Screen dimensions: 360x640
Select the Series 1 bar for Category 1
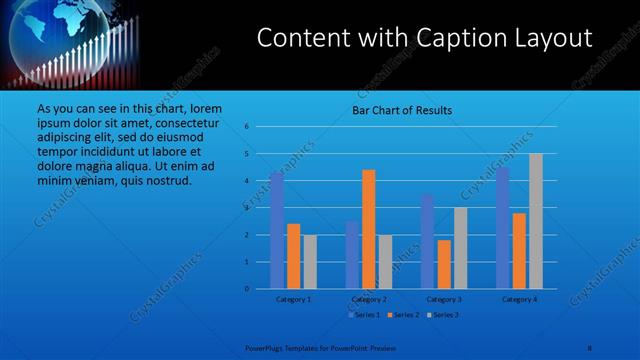coord(277,230)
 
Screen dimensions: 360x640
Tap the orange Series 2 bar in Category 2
coord(369,229)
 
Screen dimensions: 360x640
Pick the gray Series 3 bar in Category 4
coord(536,221)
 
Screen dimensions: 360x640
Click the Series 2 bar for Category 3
coord(444,264)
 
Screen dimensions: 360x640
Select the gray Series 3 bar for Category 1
coord(310,261)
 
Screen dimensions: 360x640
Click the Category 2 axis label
coord(369,299)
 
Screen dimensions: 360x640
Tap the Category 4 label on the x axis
coord(519,299)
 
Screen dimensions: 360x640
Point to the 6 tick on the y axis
coord(246,127)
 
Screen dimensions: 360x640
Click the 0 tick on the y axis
coord(246,289)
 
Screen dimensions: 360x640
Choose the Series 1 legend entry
coord(364,315)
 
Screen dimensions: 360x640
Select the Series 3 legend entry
coord(444,315)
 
